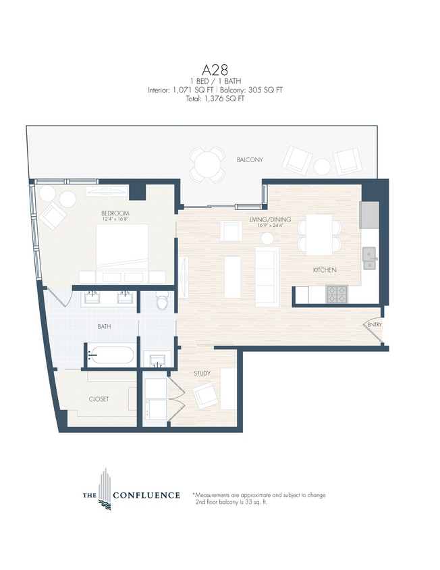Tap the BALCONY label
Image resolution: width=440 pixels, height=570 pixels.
point(250,160)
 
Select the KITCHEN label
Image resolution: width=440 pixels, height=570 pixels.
point(324,270)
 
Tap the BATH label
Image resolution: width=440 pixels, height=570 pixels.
point(104,327)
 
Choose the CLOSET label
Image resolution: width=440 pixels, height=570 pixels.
point(99,399)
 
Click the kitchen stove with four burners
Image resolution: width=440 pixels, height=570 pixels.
point(337,294)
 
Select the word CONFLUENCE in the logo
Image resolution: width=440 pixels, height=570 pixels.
point(146,496)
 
